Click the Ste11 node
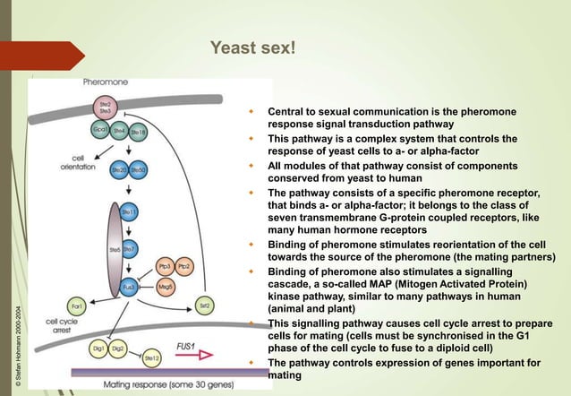[129, 212]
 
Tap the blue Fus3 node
[129, 288]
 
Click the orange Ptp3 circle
[165, 266]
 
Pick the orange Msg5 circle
[165, 287]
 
